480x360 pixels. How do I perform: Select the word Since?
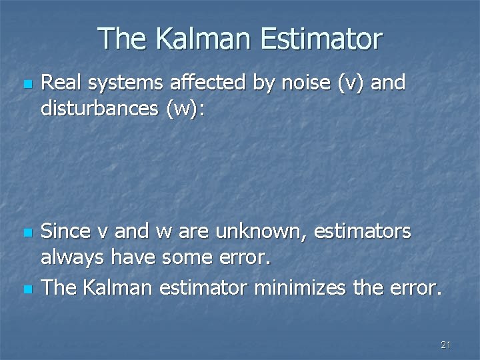65,233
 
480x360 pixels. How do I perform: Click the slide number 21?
446,345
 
